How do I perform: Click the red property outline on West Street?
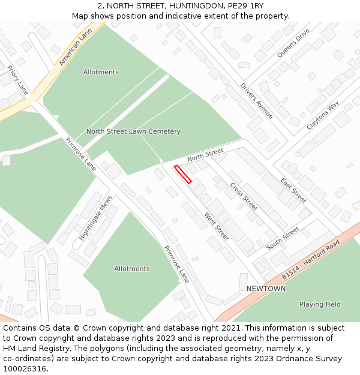pyautogui.click(x=183, y=174)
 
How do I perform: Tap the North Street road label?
pyautogui.click(x=205, y=154)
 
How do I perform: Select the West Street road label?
pyautogui.click(x=217, y=226)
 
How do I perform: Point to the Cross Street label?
pyautogui.click(x=244, y=196)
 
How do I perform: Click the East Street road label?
pyautogui.click(x=293, y=190)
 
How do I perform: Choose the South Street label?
pyautogui.click(x=283, y=238)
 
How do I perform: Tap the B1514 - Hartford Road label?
pyautogui.click(x=311, y=259)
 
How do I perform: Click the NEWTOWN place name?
pyautogui.click(x=266, y=289)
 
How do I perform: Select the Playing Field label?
pyautogui.click(x=320, y=304)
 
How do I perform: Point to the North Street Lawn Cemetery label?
pyautogui.click(x=133, y=131)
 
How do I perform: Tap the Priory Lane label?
pyautogui.click(x=18, y=80)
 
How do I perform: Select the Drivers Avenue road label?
pyautogui.click(x=257, y=100)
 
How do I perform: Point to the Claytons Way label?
pyautogui.click(x=323, y=115)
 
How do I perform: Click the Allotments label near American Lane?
pyautogui.click(x=101, y=72)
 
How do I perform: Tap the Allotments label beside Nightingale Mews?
pyautogui.click(x=132, y=269)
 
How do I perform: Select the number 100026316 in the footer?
pyautogui.click(x=26, y=369)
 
